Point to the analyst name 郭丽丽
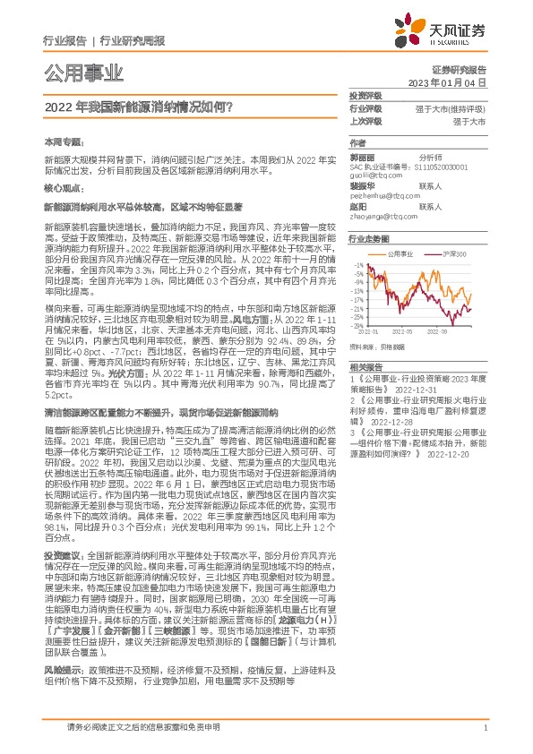362,156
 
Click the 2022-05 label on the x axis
414,330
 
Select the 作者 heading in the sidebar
357,142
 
